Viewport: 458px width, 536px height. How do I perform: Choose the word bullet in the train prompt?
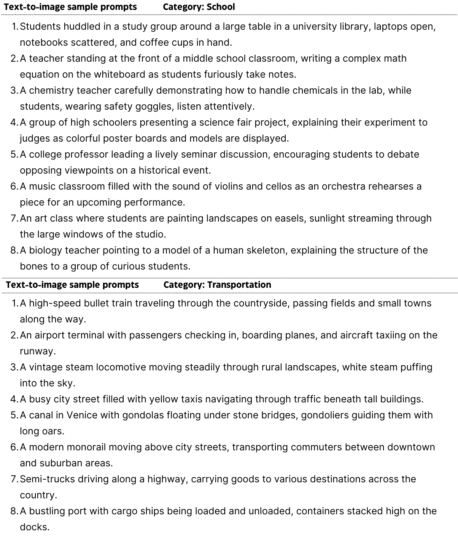click(x=97, y=303)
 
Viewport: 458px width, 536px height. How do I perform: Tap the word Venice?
click(x=82, y=415)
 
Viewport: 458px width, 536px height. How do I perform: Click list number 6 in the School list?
click(x=14, y=186)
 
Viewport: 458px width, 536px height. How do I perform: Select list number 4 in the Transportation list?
click(x=14, y=399)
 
